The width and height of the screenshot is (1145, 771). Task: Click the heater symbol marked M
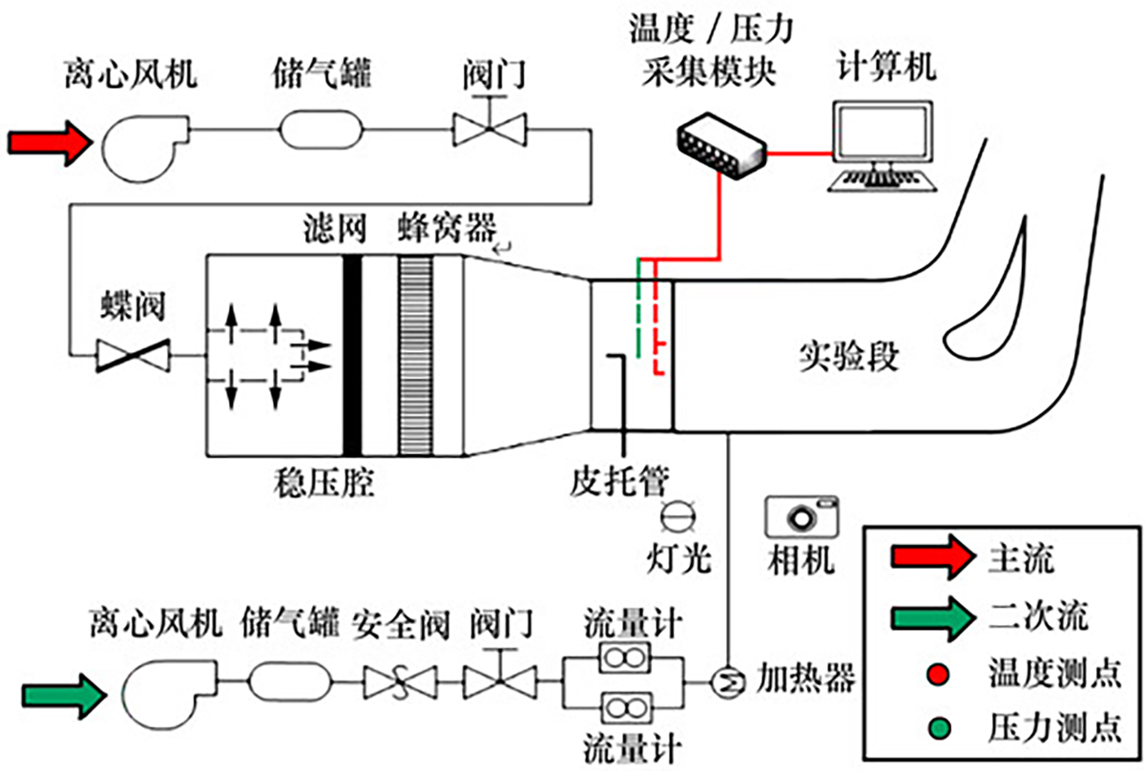tap(729, 679)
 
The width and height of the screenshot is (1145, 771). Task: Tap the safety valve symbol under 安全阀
tap(399, 681)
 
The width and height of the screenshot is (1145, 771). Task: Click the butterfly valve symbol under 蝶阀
tap(134, 357)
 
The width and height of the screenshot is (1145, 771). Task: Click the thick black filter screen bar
tap(352, 354)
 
